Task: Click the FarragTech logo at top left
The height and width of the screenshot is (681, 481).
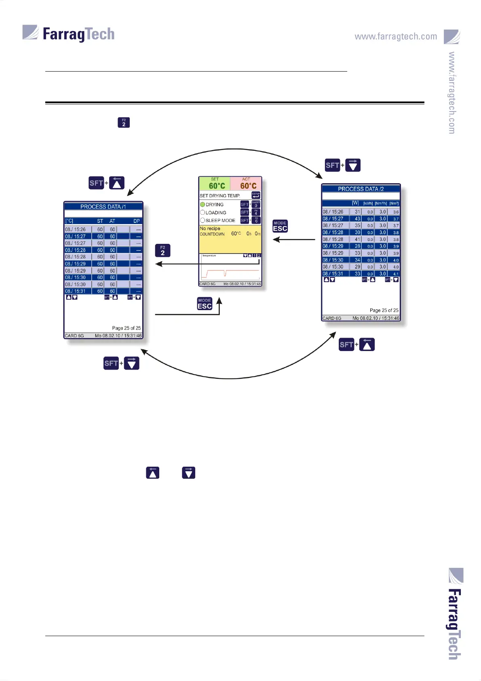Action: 69,34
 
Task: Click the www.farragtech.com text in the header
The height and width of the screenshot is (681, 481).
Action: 396,36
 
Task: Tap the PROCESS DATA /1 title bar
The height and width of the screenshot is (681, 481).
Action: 103,207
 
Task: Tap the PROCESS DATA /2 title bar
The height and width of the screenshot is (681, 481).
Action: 361,189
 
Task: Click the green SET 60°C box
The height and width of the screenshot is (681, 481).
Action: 215,184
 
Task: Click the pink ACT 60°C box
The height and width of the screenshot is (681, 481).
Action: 246,184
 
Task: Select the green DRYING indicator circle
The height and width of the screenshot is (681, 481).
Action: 203,205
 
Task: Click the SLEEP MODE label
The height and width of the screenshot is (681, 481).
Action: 220,220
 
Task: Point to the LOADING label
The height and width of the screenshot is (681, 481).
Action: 216,213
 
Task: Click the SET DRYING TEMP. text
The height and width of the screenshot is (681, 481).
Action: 220,196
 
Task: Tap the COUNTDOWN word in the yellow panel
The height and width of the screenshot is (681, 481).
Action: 212,234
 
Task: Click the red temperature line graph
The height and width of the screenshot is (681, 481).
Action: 230,271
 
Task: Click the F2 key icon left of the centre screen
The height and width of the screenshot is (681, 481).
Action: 163,251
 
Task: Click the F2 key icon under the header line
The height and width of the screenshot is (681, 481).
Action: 124,123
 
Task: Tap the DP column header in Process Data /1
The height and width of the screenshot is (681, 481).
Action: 137,221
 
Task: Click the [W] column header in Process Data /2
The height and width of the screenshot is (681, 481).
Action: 355,203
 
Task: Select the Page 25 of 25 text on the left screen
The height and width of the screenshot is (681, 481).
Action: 126,328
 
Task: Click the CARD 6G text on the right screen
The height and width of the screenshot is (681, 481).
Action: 332,318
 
